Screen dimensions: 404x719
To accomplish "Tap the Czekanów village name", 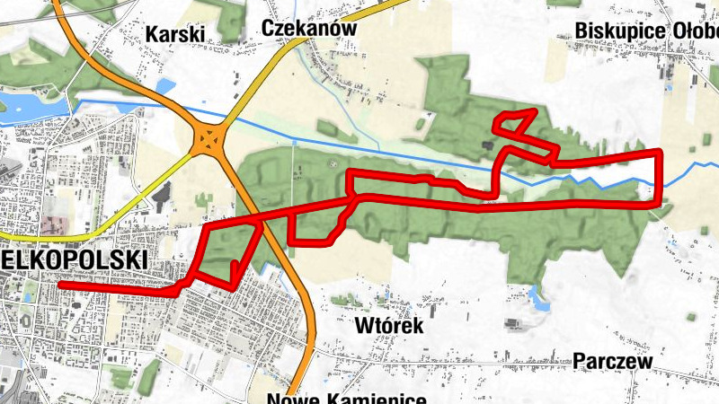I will point(309,28).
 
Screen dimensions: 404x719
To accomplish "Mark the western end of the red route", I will point(60,285).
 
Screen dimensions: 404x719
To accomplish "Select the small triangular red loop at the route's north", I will point(516,123).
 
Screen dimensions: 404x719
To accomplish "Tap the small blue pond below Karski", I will point(166,86).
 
